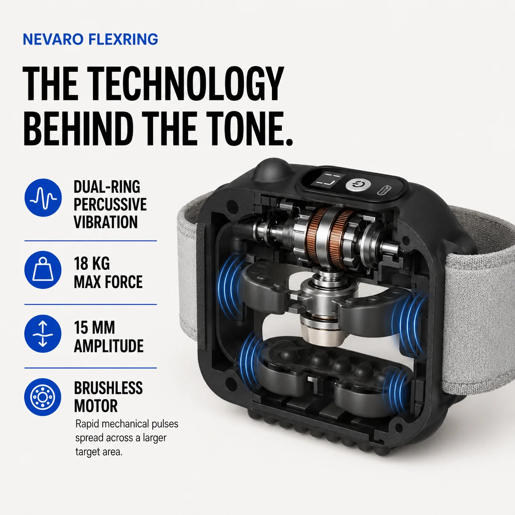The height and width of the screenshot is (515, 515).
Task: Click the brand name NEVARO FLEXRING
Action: click(90, 39)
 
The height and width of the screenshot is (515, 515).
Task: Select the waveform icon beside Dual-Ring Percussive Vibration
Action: click(43, 198)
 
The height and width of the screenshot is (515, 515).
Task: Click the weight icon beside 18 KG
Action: click(43, 269)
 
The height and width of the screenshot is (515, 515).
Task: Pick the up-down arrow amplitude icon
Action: click(43, 334)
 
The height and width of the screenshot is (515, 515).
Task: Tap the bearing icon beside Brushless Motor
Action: click(43, 397)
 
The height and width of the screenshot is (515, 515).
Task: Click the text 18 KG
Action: click(92, 264)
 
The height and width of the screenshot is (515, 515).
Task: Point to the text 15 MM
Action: click(94, 328)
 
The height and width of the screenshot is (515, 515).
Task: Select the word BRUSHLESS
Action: click(108, 388)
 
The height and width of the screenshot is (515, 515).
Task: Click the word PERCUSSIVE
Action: click(110, 205)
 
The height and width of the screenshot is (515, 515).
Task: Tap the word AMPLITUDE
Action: click(108, 346)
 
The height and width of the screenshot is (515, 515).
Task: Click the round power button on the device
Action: click(358, 184)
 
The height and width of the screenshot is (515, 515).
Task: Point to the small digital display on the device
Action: click(327, 180)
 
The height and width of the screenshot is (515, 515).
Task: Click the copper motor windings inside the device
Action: click(330, 235)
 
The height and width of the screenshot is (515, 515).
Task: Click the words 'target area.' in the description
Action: click(99, 452)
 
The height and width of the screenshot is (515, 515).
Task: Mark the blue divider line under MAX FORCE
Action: click(91, 304)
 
